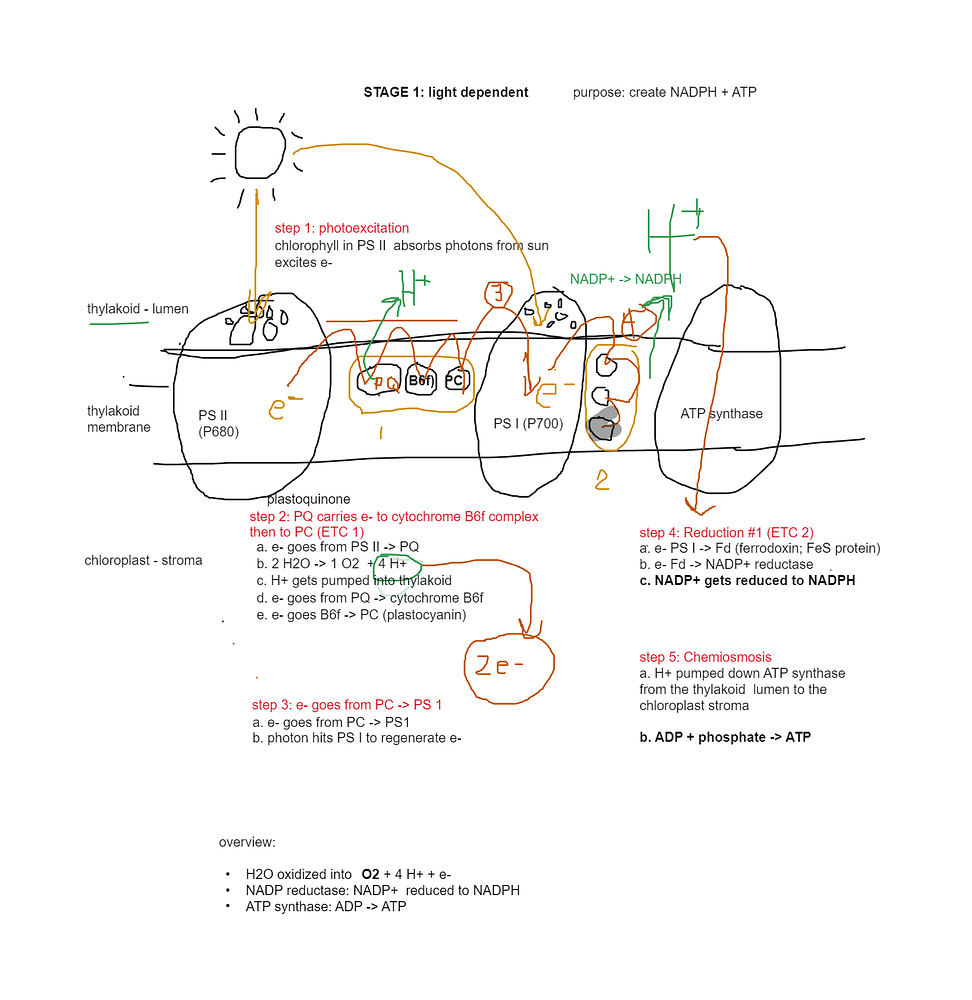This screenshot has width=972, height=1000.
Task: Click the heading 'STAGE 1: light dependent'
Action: click(446, 93)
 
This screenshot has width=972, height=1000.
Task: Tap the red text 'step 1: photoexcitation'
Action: click(342, 229)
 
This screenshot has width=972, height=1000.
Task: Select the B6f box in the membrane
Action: click(420, 380)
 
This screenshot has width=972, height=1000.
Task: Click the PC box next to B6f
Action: click(455, 380)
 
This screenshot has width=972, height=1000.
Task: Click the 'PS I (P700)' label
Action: click(528, 424)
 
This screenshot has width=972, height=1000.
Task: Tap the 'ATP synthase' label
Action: click(721, 414)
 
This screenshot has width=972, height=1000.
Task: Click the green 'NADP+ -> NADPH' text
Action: click(626, 279)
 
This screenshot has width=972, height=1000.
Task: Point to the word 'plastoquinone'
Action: click(308, 499)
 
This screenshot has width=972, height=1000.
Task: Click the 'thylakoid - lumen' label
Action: click(137, 309)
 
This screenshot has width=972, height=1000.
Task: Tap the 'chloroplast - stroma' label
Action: click(143, 561)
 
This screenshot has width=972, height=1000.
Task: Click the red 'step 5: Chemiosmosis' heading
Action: click(705, 657)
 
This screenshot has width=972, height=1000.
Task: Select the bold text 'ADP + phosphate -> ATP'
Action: click(725, 738)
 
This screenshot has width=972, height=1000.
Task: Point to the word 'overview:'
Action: click(247, 842)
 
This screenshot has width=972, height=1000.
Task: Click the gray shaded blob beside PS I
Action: click(604, 428)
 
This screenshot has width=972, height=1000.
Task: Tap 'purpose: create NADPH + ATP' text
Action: click(665, 93)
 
